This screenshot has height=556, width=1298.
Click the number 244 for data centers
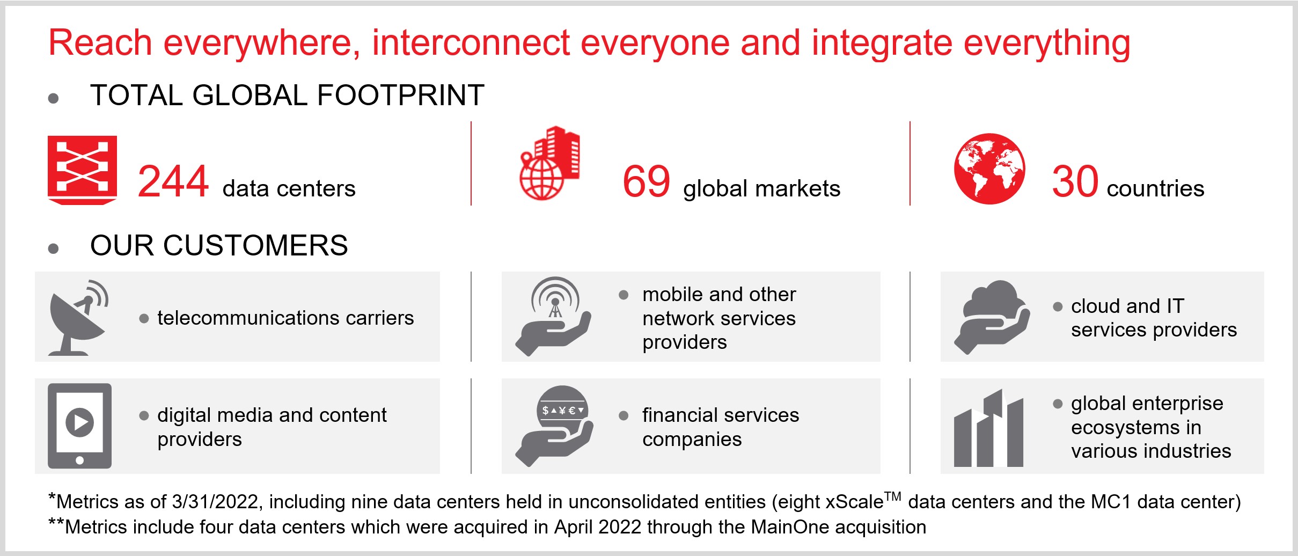click(x=173, y=181)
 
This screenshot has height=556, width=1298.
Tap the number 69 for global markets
click(x=646, y=181)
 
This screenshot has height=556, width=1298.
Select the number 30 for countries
click(x=1075, y=181)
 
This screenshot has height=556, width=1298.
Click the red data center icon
click(x=82, y=170)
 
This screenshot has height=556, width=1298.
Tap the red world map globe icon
click(x=989, y=169)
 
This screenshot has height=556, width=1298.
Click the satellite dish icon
click(x=78, y=318)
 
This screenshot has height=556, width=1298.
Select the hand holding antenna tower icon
click(x=553, y=317)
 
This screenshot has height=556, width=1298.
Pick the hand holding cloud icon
click(x=992, y=317)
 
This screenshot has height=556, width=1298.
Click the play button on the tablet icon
click(x=80, y=422)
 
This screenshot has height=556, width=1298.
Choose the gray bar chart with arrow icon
click(x=988, y=428)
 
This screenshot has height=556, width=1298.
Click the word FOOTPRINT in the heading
click(x=401, y=96)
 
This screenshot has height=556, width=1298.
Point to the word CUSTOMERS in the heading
click(x=255, y=246)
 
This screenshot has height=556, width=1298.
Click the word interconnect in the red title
click(x=471, y=42)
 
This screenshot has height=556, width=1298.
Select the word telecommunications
click(x=248, y=318)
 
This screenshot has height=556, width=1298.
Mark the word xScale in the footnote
click(x=854, y=502)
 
